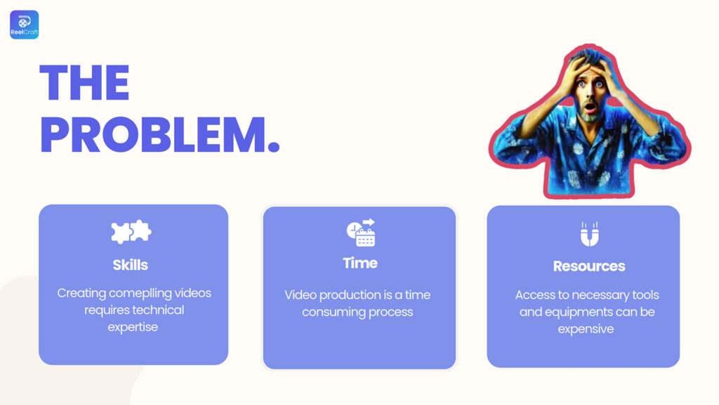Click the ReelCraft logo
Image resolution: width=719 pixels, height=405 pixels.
point(25,25)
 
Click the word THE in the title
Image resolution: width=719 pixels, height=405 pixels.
point(85,83)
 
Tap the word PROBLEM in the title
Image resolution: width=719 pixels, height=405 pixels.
point(153,135)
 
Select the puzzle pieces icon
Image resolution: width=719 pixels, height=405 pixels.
point(131,231)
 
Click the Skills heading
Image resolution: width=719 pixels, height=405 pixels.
point(131,265)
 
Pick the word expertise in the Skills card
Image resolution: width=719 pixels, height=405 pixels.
point(133,328)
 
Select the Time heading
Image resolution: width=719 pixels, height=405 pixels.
point(360,263)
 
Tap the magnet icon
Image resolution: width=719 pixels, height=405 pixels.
point(589,234)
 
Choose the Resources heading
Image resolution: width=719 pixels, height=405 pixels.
point(589,266)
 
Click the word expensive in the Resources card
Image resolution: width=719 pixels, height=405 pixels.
point(586,329)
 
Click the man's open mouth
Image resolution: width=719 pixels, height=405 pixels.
point(591,108)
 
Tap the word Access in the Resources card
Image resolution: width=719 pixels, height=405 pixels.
point(535,295)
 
